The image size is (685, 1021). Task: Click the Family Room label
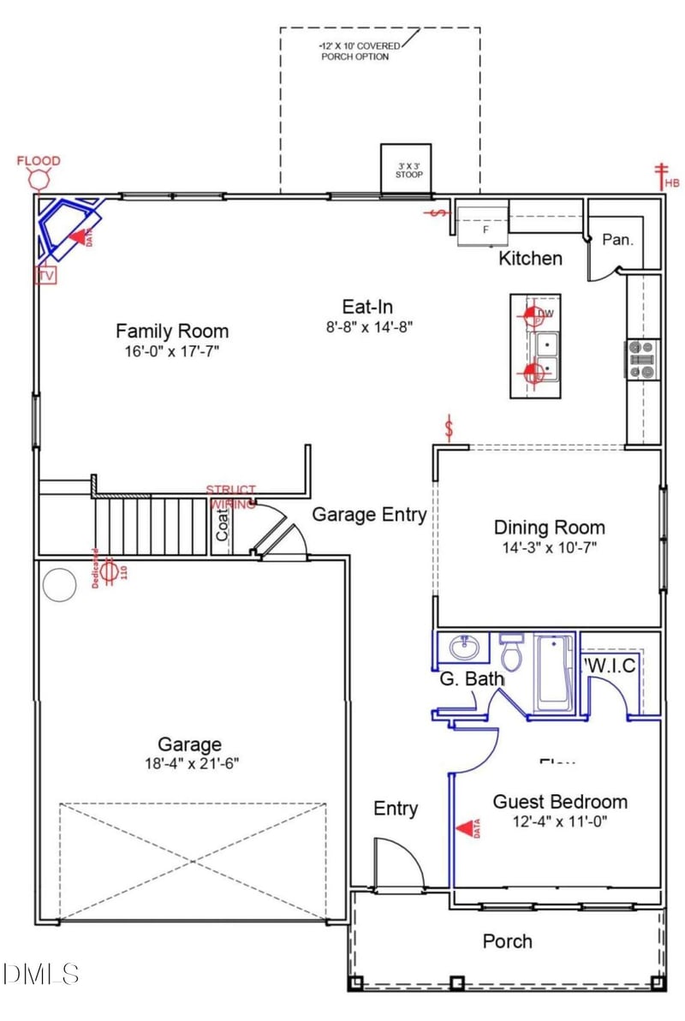click(172, 331)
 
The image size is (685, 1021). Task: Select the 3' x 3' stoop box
click(406, 168)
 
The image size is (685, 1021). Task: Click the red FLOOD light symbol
click(39, 179)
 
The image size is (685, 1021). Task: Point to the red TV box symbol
click(45, 276)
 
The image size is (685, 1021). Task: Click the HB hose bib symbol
click(661, 176)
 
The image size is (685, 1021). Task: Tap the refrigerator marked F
click(482, 225)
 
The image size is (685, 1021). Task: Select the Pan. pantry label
click(617, 240)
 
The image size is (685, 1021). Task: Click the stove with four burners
click(644, 359)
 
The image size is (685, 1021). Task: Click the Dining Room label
click(549, 528)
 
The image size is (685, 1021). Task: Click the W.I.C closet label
click(611, 666)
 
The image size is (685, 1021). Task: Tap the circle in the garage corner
click(61, 584)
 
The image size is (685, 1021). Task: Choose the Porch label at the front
click(507, 941)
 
